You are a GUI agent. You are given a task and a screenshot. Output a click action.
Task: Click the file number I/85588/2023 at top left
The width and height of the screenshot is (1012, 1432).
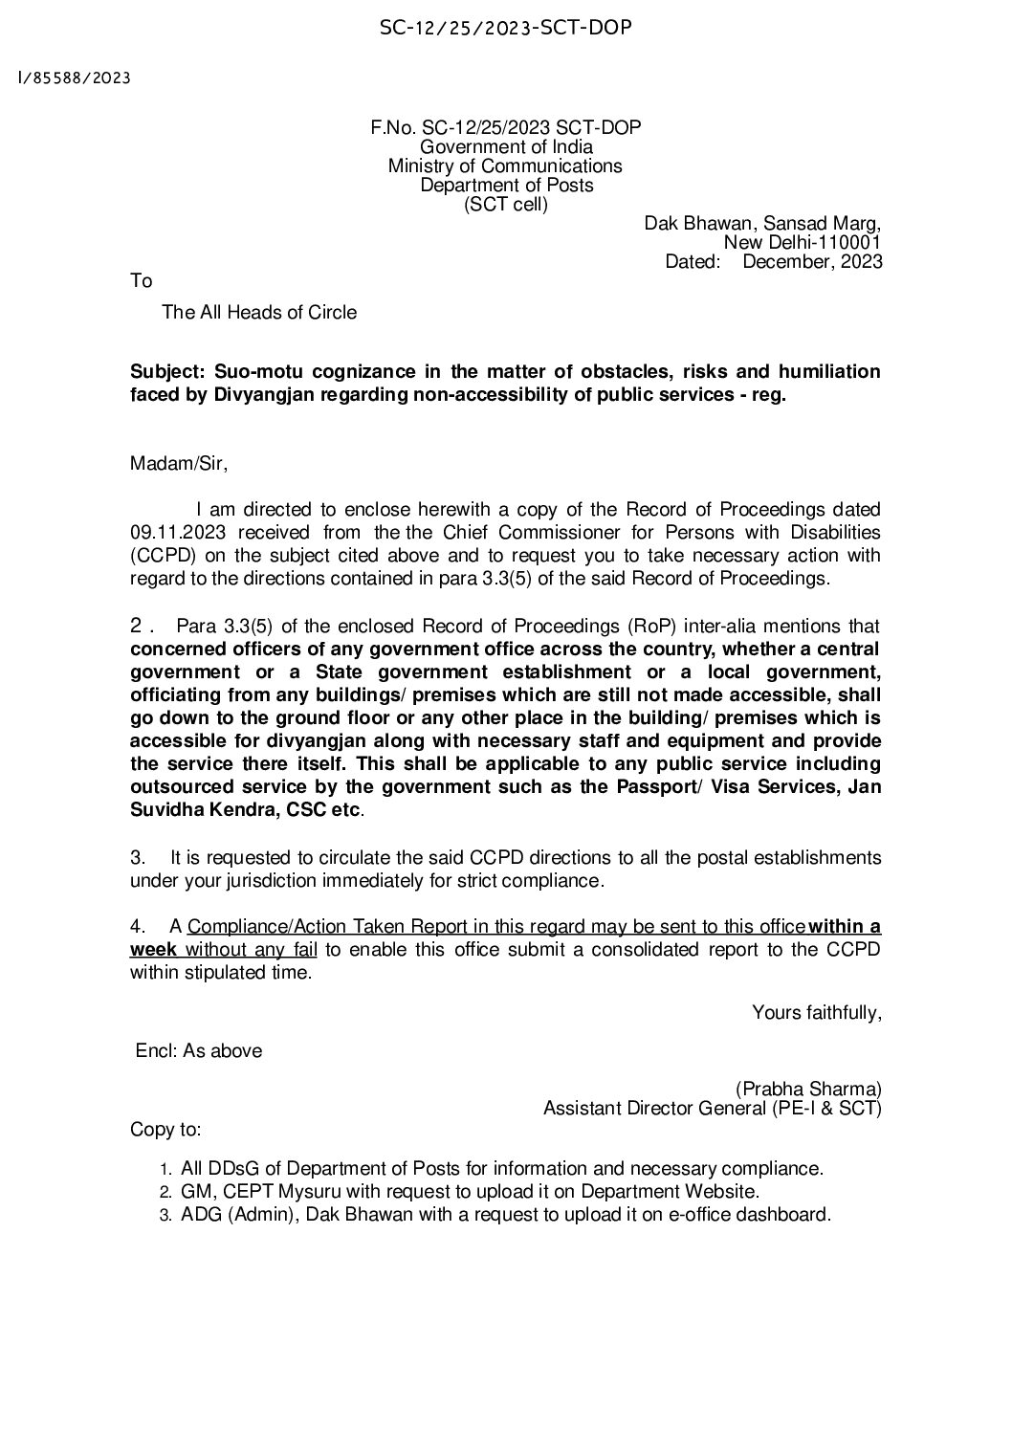[74, 77]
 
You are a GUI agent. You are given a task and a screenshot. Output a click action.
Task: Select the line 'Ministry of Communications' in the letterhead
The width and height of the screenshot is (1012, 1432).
[505, 166]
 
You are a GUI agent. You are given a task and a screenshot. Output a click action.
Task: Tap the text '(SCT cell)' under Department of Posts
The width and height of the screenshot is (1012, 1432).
[506, 204]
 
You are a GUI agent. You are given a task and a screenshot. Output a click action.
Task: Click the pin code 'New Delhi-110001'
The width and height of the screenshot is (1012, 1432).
[803, 243]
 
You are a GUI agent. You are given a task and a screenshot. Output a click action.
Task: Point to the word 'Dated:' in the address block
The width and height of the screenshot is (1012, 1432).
[692, 261]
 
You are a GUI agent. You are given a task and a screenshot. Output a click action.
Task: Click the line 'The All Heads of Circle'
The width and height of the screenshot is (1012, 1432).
[259, 312]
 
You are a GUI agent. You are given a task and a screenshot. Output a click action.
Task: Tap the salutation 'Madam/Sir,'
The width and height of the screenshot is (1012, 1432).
[179, 464]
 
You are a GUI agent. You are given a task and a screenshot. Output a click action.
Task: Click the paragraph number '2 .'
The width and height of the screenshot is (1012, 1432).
[143, 627]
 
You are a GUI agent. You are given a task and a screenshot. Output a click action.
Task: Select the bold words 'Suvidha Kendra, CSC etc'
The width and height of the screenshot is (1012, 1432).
[246, 810]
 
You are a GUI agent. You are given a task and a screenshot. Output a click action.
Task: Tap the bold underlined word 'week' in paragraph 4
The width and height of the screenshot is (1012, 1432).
[153, 950]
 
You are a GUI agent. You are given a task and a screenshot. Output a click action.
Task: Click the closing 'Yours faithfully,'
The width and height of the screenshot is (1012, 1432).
[816, 1012]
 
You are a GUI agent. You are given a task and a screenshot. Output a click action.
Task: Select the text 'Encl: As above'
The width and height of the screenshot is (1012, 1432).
[198, 1050]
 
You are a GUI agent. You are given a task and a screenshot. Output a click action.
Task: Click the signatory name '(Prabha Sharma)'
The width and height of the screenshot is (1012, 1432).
[808, 1089]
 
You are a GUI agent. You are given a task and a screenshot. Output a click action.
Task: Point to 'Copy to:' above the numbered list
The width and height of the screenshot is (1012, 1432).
[165, 1130]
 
